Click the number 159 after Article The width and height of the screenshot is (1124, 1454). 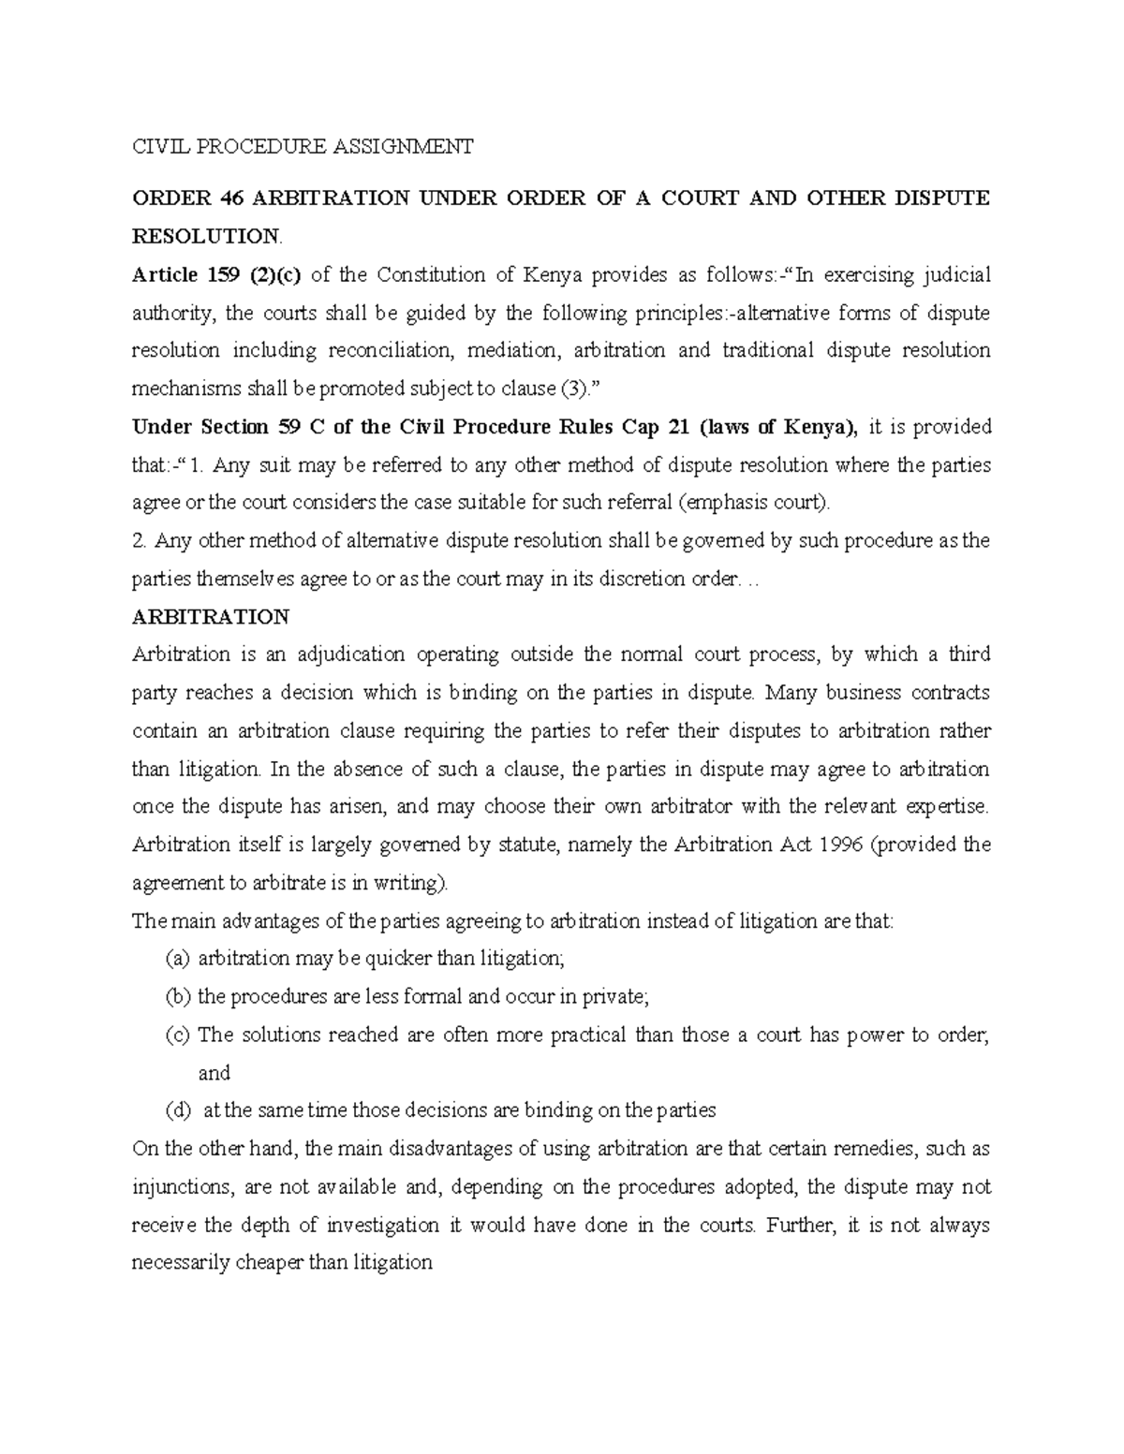click(x=226, y=274)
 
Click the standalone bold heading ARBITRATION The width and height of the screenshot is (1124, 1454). click(x=211, y=618)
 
